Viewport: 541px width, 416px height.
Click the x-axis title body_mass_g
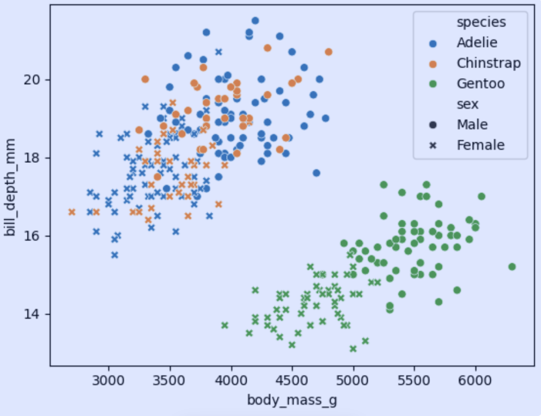click(x=292, y=400)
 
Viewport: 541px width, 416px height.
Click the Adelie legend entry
click(x=477, y=43)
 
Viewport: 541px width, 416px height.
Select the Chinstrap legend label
click(x=489, y=63)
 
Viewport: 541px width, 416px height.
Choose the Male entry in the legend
click(x=472, y=125)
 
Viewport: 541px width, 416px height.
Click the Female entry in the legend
click(x=480, y=145)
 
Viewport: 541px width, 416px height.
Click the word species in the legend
click(x=481, y=22)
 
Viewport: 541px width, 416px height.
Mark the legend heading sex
click(x=468, y=104)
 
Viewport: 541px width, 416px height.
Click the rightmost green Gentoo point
click(x=511, y=267)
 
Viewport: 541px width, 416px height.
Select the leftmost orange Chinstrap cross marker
click(x=72, y=212)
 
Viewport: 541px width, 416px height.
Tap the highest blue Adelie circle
click(x=255, y=21)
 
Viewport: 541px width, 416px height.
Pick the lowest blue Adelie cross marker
click(x=115, y=255)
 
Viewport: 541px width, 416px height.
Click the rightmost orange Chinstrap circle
click(x=329, y=52)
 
